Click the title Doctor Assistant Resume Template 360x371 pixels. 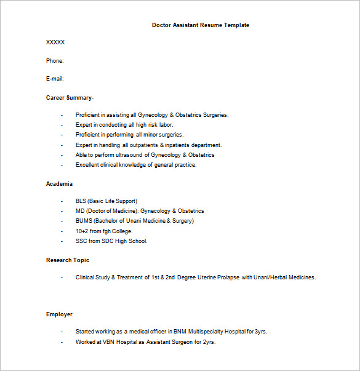pyautogui.click(x=201, y=25)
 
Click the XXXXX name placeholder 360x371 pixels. pyautogui.click(x=55, y=42)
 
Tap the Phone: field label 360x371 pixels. pyautogui.click(x=55, y=60)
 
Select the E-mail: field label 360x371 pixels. pyautogui.click(x=55, y=79)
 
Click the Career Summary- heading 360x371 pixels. pyautogui.click(x=70, y=97)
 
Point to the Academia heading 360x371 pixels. pyautogui.click(x=59, y=184)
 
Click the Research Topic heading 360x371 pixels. pyautogui.click(x=68, y=260)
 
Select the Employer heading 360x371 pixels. pyautogui.click(x=59, y=314)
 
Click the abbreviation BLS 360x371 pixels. pyautogui.click(x=81, y=201)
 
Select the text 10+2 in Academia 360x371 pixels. pyautogui.click(x=82, y=231)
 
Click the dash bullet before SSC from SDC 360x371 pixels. pyautogui.click(x=62, y=241)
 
